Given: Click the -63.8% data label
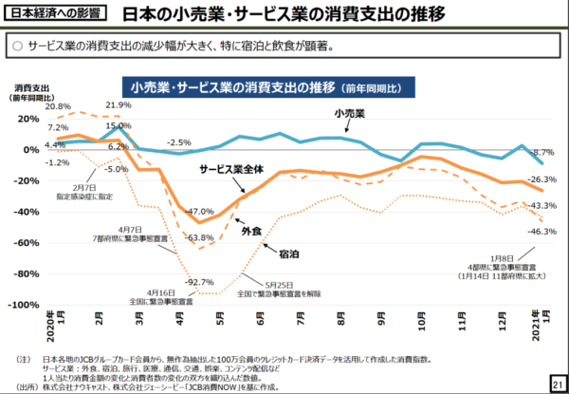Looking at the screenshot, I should [199, 236].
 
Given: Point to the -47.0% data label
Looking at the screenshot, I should [200, 211].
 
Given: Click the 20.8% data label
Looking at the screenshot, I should [57, 106].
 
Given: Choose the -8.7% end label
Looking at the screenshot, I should [542, 153].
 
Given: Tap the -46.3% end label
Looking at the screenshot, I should [542, 231].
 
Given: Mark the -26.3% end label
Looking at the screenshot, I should [542, 179].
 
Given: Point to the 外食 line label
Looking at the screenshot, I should [251, 230].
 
